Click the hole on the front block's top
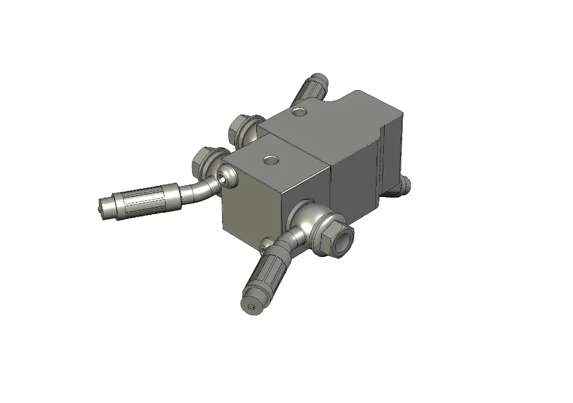point(271,160)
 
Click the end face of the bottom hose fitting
point(251,307)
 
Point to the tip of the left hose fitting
point(101,207)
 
